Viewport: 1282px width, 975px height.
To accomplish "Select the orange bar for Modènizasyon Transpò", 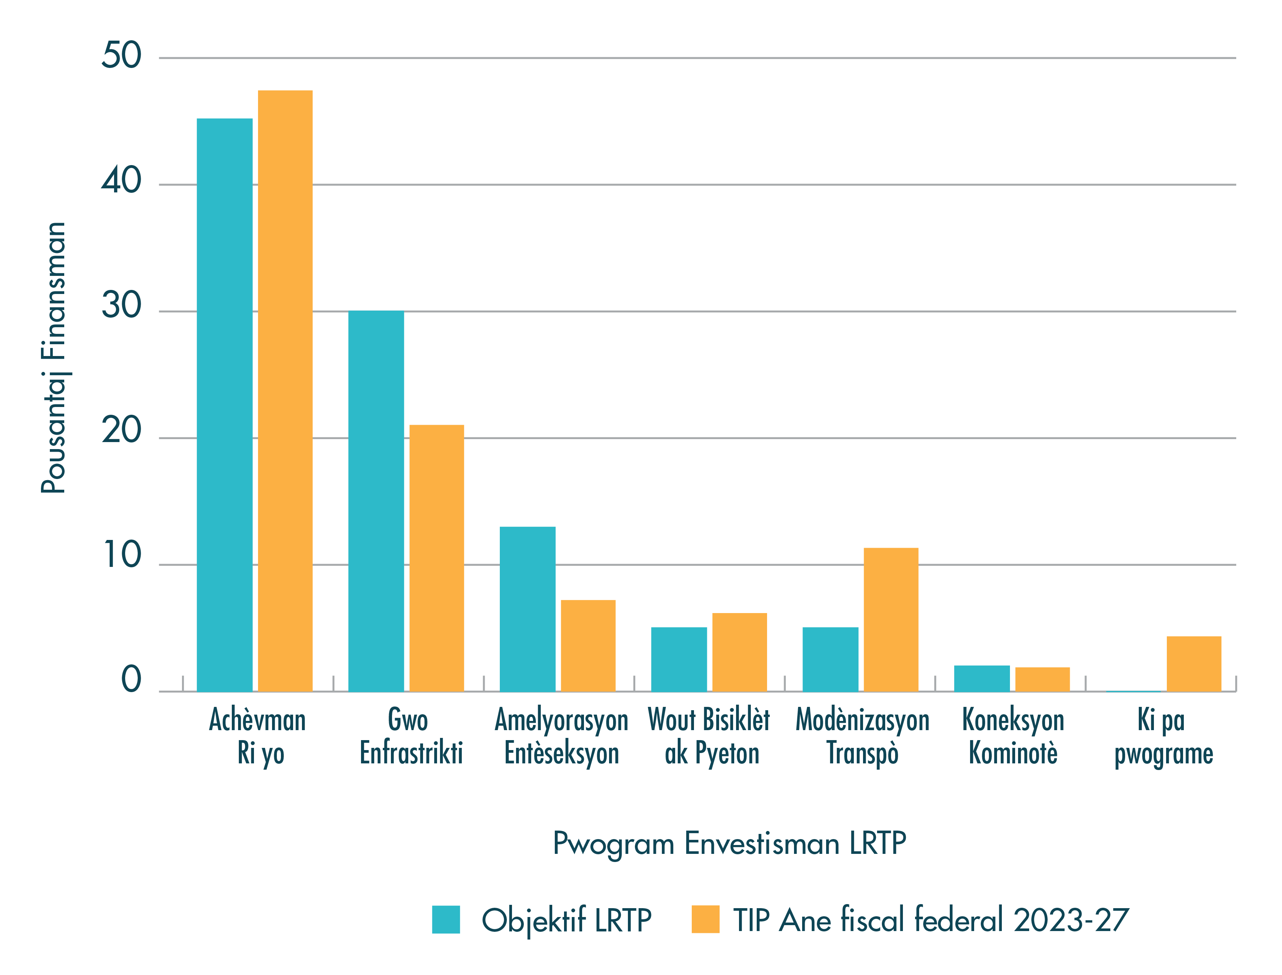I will pos(891,619).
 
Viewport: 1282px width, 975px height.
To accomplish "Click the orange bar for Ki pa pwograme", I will pos(1194,664).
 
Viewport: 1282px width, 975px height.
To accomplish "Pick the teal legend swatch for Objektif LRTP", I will pos(446,919).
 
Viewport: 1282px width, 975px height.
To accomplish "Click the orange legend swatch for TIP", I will pos(705,919).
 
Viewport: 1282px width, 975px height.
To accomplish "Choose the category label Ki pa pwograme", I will pos(1164,736).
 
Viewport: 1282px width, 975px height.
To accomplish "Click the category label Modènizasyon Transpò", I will pos(863,736).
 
